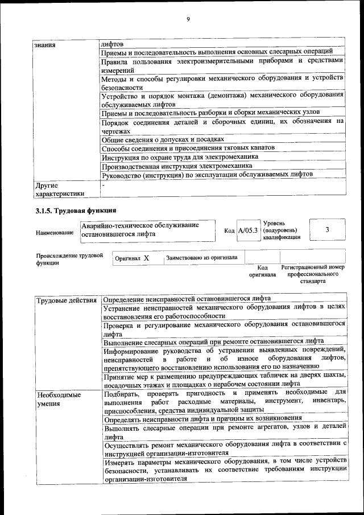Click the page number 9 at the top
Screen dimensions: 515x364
[x=188, y=19]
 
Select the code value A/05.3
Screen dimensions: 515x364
[x=248, y=230]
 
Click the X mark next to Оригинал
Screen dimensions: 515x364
[x=146, y=258]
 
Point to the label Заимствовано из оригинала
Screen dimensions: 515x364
[x=202, y=257]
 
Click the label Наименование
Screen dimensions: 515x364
[x=54, y=233]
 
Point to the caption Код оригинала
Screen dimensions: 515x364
[x=262, y=271]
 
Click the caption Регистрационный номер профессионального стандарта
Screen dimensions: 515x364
[x=313, y=274]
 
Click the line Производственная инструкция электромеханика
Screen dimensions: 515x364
[x=176, y=166]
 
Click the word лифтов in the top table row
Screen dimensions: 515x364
[x=111, y=44]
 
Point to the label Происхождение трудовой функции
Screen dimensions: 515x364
[x=69, y=259]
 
